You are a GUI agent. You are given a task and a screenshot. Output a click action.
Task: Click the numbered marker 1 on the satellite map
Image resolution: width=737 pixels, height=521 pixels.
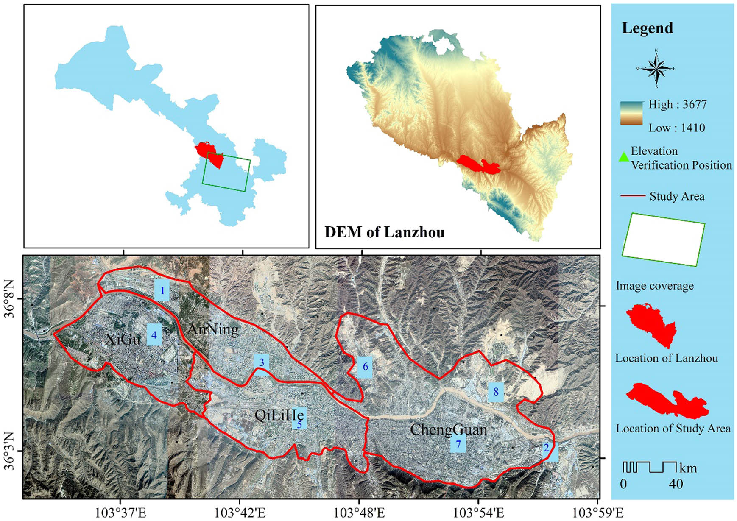coord(162,291)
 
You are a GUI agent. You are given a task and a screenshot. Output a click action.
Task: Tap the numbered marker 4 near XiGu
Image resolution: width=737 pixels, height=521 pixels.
coord(154,335)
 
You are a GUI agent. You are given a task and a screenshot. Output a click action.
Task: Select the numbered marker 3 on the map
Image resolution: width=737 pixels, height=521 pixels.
coord(262,362)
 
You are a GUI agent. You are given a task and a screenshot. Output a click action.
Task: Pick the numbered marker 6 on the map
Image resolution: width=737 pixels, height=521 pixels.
coord(365,366)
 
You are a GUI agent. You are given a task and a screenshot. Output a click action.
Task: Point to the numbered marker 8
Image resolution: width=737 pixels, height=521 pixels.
coord(496,391)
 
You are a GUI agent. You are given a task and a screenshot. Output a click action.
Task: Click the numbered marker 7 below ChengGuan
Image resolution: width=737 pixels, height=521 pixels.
coord(458,444)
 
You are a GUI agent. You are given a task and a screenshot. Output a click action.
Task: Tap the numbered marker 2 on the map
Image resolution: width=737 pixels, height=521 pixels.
coord(546,448)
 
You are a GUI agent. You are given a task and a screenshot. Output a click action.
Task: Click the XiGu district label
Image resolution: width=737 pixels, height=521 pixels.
coord(123,339)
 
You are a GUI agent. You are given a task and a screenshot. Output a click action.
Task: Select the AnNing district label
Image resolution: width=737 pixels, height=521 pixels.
coord(213,329)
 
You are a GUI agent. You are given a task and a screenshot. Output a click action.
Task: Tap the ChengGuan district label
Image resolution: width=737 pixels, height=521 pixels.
coord(448,429)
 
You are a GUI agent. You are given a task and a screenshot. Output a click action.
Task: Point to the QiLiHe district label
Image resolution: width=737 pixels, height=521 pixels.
coord(279,415)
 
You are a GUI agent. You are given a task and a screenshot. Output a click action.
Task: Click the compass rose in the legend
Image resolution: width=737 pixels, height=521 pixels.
coord(656,69)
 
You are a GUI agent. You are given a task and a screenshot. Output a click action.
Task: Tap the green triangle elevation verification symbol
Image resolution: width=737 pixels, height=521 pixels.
coord(623,157)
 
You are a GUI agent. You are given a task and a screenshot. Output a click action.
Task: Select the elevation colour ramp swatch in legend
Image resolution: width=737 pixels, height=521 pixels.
coord(631,113)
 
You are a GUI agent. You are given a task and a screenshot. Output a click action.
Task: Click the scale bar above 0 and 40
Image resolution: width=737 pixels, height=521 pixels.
coord(649,467)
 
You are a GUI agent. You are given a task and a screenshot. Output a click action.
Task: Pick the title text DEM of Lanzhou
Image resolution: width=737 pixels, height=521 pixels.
coord(384,232)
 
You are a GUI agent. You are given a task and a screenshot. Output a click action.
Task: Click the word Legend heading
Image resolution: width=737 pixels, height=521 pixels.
coord(647,28)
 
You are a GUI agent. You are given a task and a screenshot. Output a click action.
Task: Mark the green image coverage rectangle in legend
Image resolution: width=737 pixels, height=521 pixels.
coord(663,240)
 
